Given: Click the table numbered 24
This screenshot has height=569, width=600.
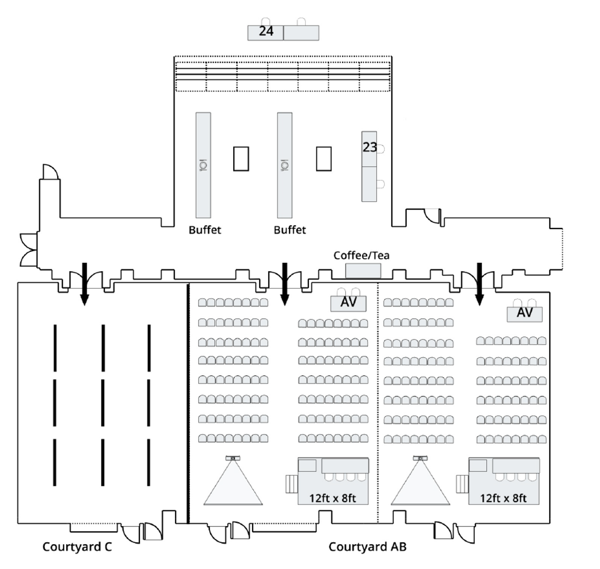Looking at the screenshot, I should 266,32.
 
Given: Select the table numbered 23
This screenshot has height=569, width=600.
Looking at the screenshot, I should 369,148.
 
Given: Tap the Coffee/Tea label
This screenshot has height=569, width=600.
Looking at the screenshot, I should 361,255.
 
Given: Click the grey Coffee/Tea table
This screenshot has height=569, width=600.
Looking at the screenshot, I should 363,271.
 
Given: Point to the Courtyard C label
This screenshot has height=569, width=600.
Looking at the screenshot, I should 77,546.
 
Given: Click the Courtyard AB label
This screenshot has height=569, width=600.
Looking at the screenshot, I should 367,546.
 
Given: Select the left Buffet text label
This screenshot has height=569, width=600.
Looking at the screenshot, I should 205,230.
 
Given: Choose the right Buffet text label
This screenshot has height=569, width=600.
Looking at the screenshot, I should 290,230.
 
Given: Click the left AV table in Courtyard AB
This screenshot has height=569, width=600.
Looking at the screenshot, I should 348,303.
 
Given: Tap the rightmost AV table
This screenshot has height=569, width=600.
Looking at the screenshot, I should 524,313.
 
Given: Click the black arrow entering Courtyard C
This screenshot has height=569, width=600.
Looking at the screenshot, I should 84,284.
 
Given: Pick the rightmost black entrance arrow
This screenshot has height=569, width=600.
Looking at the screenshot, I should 479,284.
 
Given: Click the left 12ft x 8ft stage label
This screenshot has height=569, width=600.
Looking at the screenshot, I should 333,498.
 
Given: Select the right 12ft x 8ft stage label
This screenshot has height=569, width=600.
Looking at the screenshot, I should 503,498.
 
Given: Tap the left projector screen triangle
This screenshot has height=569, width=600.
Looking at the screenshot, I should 233,486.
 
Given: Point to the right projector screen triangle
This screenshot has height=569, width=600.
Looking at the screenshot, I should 421,486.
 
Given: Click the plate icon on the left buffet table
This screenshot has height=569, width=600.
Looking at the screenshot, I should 203,165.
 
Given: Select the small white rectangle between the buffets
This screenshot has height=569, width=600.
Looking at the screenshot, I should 241,159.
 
